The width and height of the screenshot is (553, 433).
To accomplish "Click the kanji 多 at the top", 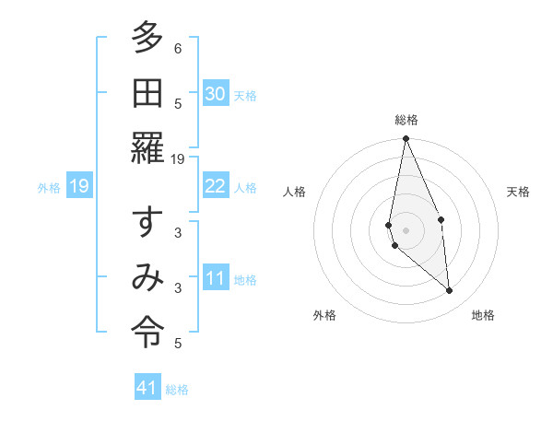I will [x=147, y=40].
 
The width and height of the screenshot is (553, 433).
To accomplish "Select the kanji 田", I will [x=147, y=93].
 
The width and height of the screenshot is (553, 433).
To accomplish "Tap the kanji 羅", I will [x=147, y=148].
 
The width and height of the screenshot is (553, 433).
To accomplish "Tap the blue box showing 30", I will [x=216, y=94].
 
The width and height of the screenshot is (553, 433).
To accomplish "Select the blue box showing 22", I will [x=216, y=186].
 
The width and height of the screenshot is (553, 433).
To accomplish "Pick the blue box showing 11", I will [x=216, y=278].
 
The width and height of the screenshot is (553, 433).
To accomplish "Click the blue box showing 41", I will [x=148, y=388].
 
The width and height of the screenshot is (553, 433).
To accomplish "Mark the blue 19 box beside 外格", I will [x=79, y=187].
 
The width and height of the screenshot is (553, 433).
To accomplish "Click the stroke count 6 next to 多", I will [x=178, y=49].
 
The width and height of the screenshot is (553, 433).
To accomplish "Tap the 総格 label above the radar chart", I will [x=406, y=120].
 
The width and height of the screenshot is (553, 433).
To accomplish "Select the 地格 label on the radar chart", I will [x=483, y=316].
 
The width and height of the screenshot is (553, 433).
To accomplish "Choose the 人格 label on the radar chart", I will [x=295, y=192].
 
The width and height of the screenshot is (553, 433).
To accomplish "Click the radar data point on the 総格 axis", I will [x=406, y=139].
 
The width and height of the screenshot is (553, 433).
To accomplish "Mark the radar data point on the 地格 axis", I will [x=450, y=290].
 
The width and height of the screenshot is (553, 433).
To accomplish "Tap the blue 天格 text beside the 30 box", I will [x=245, y=96].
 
